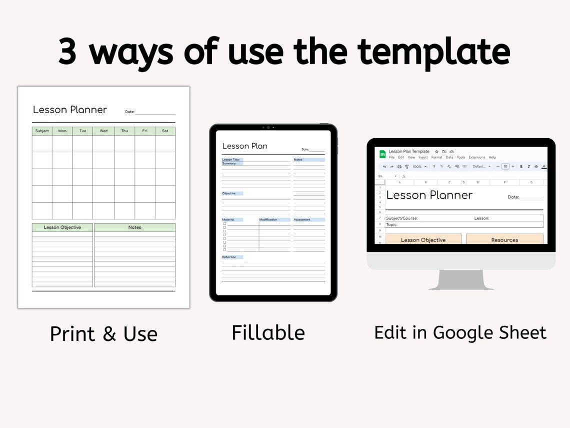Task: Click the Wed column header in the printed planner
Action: (x=103, y=131)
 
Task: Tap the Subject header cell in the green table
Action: (x=42, y=131)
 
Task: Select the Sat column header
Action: (x=165, y=131)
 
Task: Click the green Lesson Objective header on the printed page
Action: (x=62, y=227)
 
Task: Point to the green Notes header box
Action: (x=134, y=227)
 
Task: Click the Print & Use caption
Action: (x=103, y=334)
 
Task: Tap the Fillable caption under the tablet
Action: (x=268, y=333)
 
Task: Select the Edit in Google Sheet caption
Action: (x=460, y=333)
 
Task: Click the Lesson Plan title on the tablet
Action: (x=244, y=146)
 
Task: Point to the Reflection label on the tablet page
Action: (x=229, y=257)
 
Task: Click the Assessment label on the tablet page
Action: (x=302, y=220)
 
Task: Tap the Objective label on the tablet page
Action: (x=229, y=193)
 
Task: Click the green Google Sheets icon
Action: (x=382, y=154)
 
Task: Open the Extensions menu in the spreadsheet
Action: (x=476, y=157)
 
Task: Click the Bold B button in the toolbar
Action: (x=521, y=167)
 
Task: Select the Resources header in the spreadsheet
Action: (x=504, y=240)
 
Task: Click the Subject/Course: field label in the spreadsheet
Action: (x=401, y=218)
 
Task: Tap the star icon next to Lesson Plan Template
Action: (x=436, y=151)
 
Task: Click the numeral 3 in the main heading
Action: (x=67, y=52)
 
